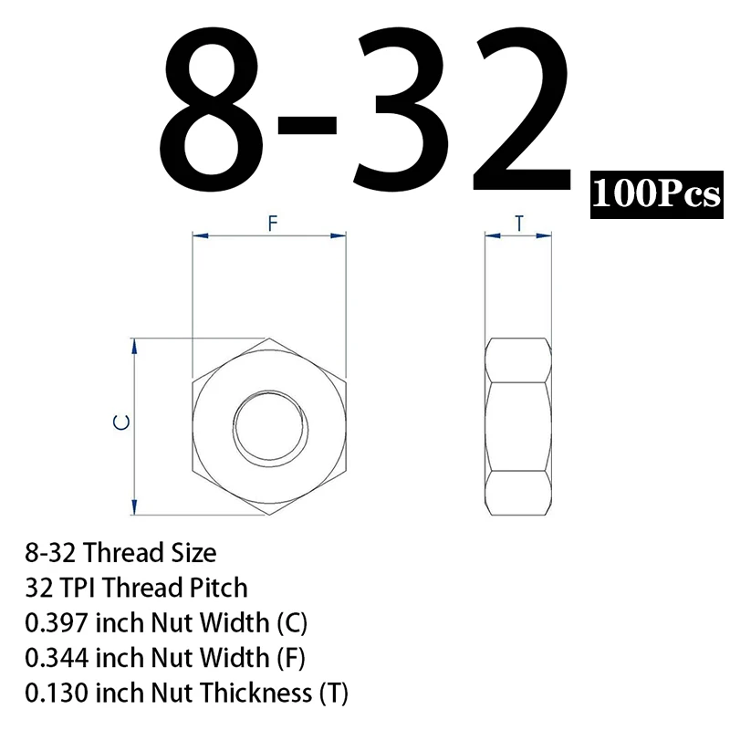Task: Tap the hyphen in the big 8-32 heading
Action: [x=307, y=126]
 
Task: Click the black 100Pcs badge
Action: [x=656, y=194]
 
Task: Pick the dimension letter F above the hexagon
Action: [x=273, y=224]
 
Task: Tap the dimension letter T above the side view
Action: [x=519, y=224]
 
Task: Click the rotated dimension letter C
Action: [x=121, y=422]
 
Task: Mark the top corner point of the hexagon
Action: [x=269, y=339]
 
